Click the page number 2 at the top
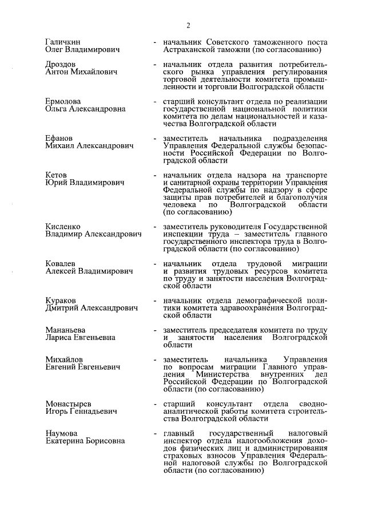click(186, 24)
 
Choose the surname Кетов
click(56, 174)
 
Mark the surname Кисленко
click(63, 227)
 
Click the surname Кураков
click(61, 300)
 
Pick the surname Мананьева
click(66, 330)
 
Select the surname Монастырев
click(68, 403)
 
